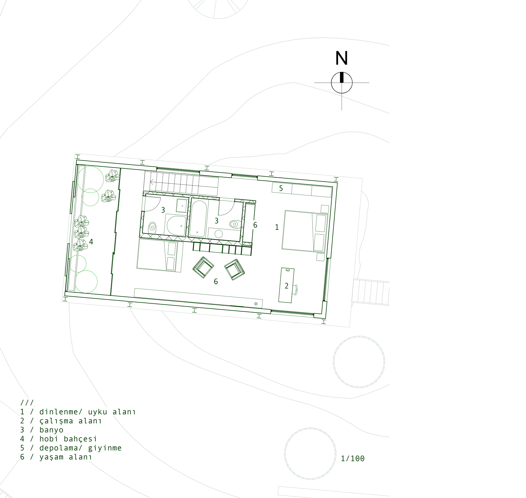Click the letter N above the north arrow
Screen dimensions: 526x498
pyautogui.click(x=341, y=58)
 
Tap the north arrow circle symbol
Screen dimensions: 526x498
pyautogui.click(x=342, y=82)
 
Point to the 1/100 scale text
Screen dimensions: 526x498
pyautogui.click(x=353, y=459)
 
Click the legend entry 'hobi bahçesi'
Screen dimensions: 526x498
pyautogui.click(x=59, y=439)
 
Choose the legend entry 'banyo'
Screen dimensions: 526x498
pyautogui.click(x=42, y=430)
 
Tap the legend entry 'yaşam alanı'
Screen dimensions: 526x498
pyautogui.click(x=56, y=457)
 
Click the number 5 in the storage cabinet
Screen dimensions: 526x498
pyautogui.click(x=281, y=189)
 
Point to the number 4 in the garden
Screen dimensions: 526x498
pyautogui.click(x=91, y=241)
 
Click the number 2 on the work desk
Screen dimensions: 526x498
pyautogui.click(x=286, y=286)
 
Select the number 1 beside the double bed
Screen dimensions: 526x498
pyautogui.click(x=277, y=227)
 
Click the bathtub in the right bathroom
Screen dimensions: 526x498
pyautogui.click(x=198, y=218)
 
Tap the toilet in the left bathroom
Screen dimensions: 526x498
pyautogui.click(x=152, y=228)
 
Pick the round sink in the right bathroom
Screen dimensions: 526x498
pyautogui.click(x=219, y=234)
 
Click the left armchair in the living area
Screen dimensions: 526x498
pyautogui.click(x=203, y=267)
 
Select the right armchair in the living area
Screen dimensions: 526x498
pyautogui.click(x=234, y=269)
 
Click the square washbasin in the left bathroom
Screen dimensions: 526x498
pyautogui.click(x=182, y=206)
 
